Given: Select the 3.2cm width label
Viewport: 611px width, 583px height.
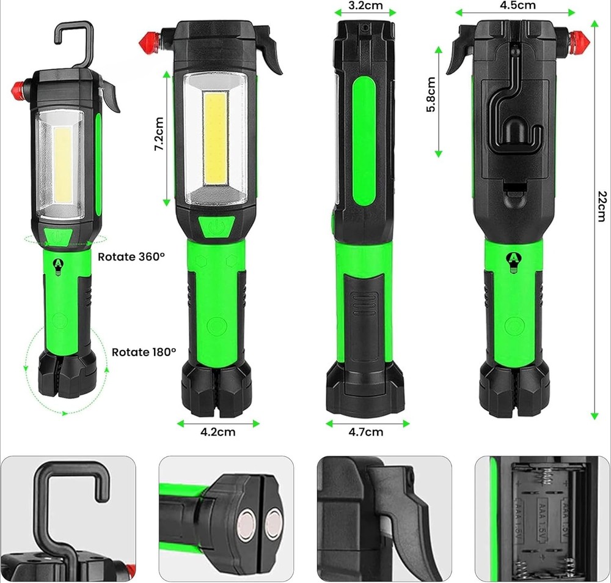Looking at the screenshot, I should (x=365, y=6).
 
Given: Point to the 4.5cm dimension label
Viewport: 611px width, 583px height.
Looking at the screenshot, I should (x=518, y=6).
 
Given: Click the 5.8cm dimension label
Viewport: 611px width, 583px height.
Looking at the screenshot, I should (x=431, y=95).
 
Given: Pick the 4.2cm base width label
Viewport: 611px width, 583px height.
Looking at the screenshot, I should (x=218, y=432).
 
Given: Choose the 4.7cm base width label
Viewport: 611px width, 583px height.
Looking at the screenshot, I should (x=366, y=432).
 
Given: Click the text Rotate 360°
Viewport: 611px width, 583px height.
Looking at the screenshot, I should (x=131, y=256).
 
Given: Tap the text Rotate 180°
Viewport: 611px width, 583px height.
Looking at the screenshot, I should (x=144, y=352).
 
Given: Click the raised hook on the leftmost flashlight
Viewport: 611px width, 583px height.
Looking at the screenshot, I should (x=75, y=43).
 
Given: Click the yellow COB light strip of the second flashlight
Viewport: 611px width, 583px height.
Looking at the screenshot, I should (x=217, y=137).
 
